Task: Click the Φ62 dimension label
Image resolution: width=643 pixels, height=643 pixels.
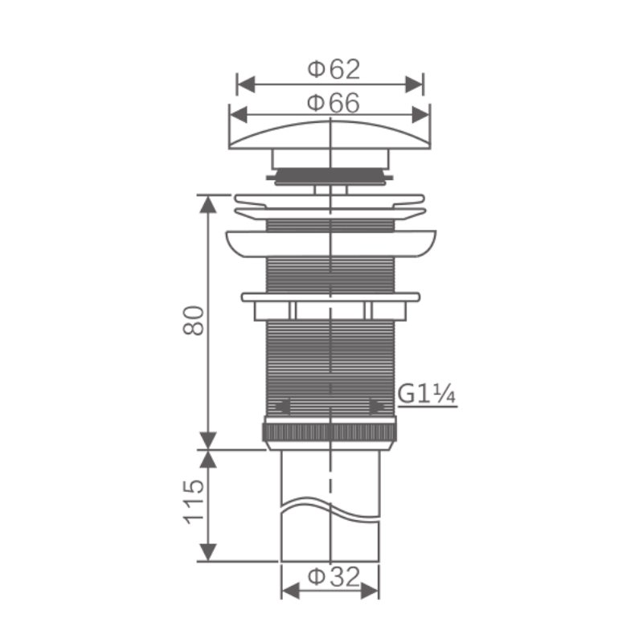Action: click(334, 69)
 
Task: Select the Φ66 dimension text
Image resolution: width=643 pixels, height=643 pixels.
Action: click(334, 103)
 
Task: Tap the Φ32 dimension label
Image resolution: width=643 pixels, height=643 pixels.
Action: click(334, 577)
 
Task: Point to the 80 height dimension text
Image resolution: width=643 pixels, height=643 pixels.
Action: click(194, 321)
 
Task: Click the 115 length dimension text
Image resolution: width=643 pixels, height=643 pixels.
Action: click(194, 501)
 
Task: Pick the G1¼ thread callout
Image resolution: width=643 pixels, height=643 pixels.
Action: click(427, 395)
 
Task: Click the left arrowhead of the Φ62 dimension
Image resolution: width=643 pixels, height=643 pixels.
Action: click(246, 84)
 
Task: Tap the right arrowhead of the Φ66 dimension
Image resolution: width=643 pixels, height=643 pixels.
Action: click(420, 115)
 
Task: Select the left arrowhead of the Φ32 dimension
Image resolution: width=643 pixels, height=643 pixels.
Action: click(291, 592)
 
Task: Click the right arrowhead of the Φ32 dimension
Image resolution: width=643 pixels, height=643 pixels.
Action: click(370, 592)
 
